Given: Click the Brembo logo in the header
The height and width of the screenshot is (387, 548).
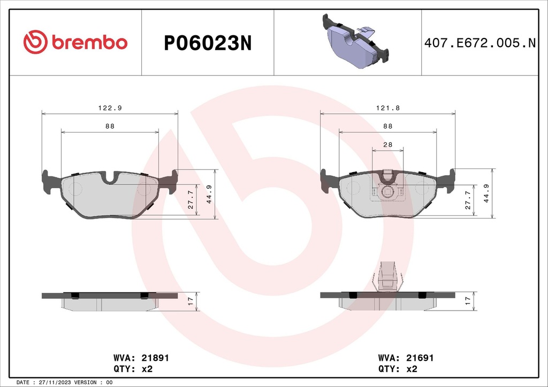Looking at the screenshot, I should [x=75, y=42].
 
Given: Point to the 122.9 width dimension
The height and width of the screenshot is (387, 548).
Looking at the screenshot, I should [x=110, y=107].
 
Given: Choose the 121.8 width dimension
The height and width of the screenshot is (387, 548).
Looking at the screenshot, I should [x=387, y=107].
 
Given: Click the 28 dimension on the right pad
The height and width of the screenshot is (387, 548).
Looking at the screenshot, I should [x=387, y=145].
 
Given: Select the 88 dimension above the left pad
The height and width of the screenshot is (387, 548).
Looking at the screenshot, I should [x=110, y=126].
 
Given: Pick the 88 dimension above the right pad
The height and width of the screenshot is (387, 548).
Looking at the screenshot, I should [x=387, y=126].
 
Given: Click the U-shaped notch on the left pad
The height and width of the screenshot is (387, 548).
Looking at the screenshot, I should [x=112, y=179].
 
